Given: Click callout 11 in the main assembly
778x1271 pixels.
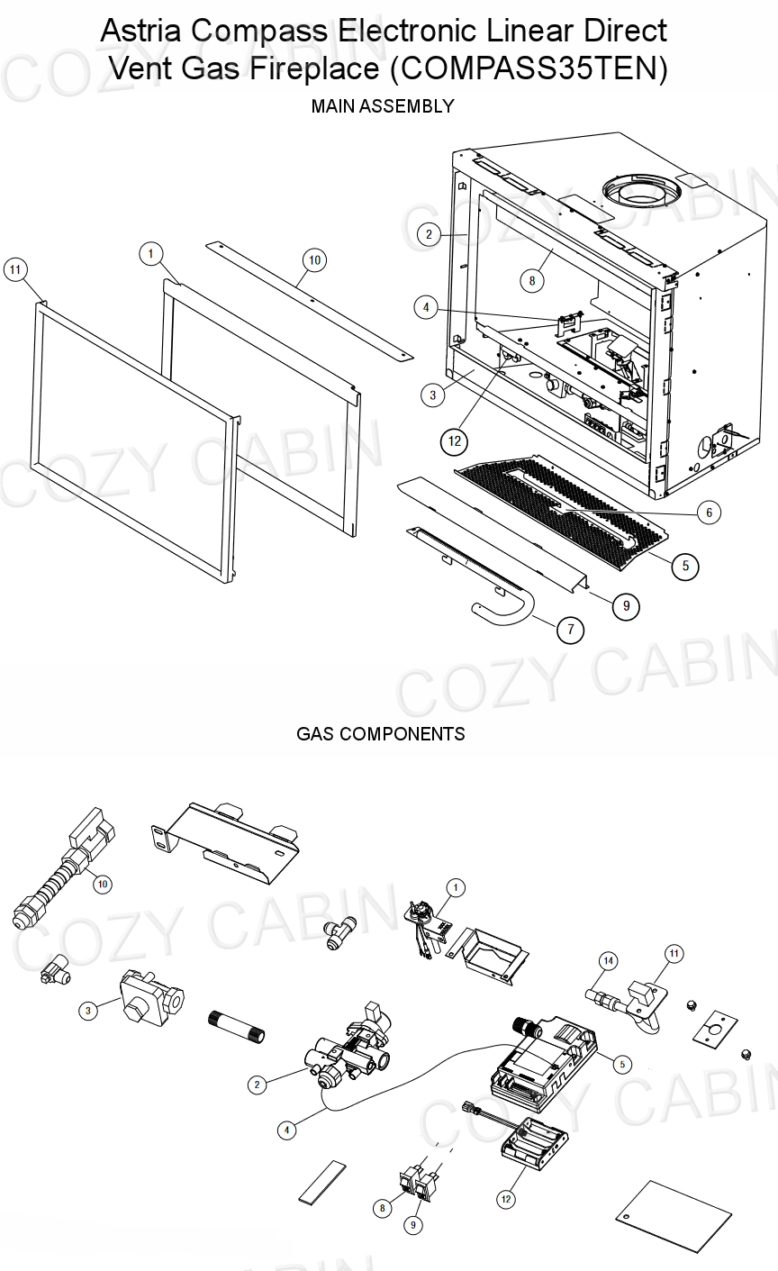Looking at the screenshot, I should pos(15,270).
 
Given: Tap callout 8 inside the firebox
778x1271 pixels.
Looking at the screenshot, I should pos(532,281).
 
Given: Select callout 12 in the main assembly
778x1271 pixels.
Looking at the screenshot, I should pos(455,440).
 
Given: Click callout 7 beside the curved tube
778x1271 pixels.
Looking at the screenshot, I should pos(570,631).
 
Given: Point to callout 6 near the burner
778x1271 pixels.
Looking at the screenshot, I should pos(709,513).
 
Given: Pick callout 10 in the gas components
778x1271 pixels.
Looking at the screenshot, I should pos(103,884).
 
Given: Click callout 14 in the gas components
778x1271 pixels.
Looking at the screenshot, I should pos(608,962).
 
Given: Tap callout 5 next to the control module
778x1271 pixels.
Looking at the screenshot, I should pos(621,1064).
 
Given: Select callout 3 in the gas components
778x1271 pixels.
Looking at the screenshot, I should pos(87,1012).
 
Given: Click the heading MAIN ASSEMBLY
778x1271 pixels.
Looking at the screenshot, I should pos(382,106).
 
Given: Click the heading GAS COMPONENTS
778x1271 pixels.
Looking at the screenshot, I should pos(381,734).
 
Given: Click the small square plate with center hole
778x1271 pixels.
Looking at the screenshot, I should pos(715,1028).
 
